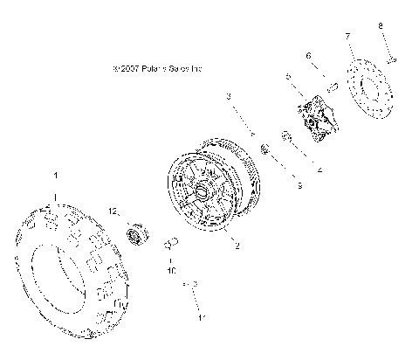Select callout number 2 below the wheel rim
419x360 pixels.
pos(235,246)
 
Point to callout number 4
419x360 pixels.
pos(319,170)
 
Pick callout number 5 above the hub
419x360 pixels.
pos(288,77)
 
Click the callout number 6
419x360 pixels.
pos(308,55)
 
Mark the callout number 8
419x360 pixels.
pos(380,25)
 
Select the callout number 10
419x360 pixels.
pos(170,272)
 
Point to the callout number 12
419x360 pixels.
pos(113,210)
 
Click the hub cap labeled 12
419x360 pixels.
pos(137,234)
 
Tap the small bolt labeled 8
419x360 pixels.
pos(393,59)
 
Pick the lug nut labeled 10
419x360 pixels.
pos(171,242)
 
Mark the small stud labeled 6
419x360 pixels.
pos(333,87)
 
